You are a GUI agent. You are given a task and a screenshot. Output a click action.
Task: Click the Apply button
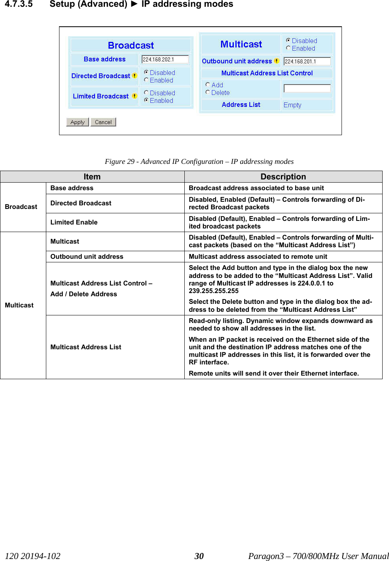coord(77,122)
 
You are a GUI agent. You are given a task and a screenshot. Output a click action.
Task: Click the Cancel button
coord(103,122)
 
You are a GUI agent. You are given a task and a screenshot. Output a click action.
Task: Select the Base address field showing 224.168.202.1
coord(165,59)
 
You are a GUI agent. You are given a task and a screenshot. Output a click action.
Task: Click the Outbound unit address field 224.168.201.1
coord(307,61)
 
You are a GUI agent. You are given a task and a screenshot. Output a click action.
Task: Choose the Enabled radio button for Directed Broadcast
coord(146,80)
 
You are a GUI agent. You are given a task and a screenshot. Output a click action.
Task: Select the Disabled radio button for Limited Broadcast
coord(146,93)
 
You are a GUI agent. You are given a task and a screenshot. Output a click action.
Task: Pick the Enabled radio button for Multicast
coord(288,48)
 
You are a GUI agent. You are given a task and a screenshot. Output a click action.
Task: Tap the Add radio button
coord(208,85)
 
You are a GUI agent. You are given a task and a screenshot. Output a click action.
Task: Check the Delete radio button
coord(208,92)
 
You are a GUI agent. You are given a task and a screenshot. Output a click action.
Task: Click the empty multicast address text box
coord(307,88)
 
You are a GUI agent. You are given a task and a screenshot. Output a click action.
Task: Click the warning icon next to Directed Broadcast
coord(135,76)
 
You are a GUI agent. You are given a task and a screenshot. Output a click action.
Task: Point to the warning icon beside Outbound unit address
coord(276,61)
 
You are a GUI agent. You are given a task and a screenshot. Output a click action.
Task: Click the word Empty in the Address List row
coord(292,105)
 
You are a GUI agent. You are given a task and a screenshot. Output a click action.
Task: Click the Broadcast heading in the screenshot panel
coord(131,45)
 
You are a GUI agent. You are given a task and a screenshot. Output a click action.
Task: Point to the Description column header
coord(283,177)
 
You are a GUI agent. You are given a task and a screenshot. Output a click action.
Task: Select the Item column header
coord(92,177)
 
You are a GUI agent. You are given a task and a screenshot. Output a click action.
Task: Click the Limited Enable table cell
coord(74,222)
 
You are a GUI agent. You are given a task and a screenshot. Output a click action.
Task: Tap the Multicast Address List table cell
coord(86,347)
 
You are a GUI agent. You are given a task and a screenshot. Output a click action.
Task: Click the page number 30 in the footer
coord(199,556)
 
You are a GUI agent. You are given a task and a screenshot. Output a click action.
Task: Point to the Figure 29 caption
coord(199,161)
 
